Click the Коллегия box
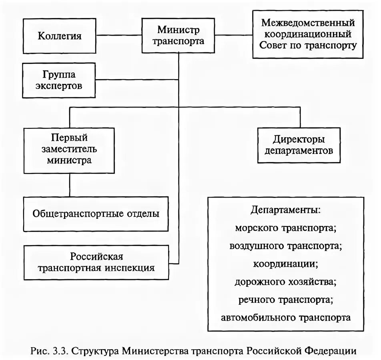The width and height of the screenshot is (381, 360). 60,36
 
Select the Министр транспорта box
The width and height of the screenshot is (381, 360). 178,35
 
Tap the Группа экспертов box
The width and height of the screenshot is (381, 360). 60,80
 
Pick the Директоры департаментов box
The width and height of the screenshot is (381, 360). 299,145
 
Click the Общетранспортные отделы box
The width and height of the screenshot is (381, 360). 96,214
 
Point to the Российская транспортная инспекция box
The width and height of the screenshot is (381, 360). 96,262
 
